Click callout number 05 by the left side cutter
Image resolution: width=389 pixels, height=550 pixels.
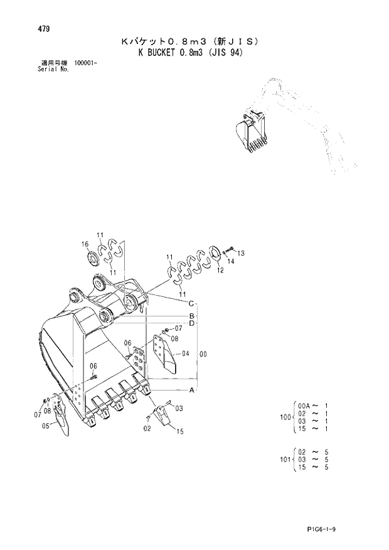click(46, 426)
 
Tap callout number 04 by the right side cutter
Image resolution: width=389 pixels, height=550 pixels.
click(186, 353)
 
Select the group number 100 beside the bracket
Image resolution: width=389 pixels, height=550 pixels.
click(284, 417)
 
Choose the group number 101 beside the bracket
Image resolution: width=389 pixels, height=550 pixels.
click(284, 460)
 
